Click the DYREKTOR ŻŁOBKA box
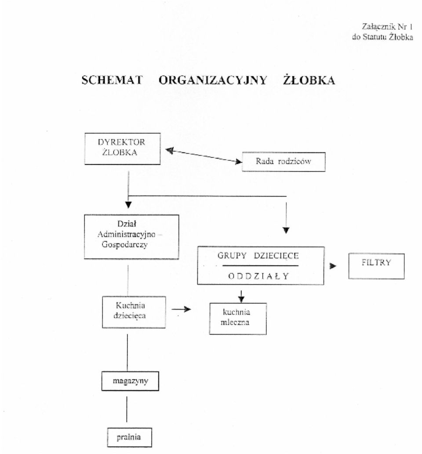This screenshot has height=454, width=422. click(122, 149)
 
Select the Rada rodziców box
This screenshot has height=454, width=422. click(284, 162)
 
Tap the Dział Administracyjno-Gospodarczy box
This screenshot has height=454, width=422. click(131, 236)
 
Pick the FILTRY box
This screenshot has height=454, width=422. click(376, 266)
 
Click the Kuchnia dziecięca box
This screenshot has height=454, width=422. click(134, 312)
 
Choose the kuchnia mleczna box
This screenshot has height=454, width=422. click(238, 319)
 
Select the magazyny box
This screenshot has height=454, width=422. click(130, 381)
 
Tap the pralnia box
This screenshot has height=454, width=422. click(129, 437)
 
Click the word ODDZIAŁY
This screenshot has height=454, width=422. click(258, 276)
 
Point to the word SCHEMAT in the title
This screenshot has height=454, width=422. click(112, 80)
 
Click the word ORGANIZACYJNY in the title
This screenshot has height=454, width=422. click(213, 80)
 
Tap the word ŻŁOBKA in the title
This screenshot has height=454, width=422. click(309, 80)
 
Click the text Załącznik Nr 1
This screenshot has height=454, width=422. click(387, 27)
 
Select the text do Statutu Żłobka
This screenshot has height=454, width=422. click(382, 37)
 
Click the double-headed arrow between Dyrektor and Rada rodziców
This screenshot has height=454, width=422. click(204, 156)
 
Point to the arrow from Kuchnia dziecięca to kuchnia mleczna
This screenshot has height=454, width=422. click(181, 309)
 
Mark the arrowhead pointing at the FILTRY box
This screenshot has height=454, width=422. click(333, 266)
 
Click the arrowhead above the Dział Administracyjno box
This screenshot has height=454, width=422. click(128, 205)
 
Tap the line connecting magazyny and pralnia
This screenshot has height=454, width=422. click(127, 409)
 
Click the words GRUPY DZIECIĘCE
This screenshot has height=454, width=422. click(258, 256)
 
